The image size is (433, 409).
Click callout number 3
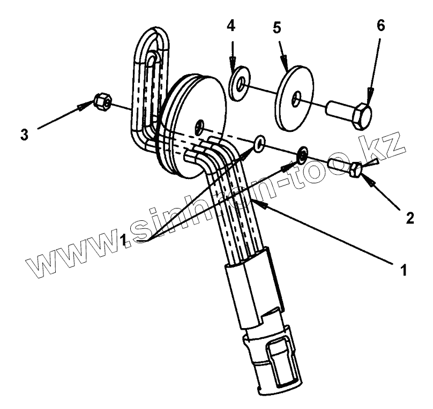pos(24,134)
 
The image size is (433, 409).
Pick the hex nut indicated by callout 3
pos(102,100)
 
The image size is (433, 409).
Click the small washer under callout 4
pos(238,84)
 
